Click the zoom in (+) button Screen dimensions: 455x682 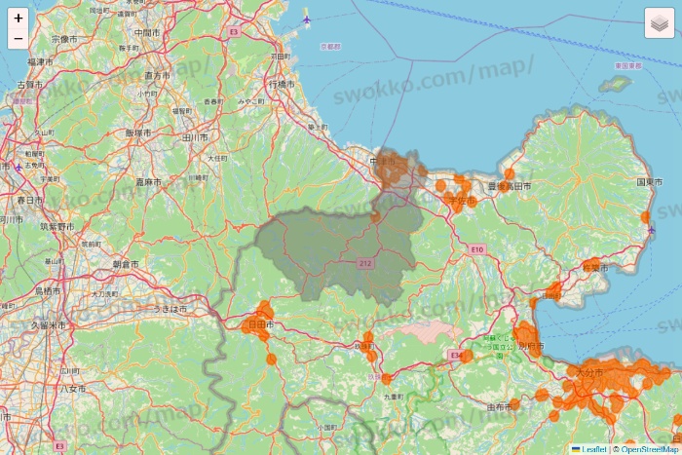click(19, 18)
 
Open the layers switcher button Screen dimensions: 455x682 click(660, 22)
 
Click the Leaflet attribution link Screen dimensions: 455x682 click(593, 448)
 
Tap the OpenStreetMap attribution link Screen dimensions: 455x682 click(648, 448)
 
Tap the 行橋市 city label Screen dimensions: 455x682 click(281, 85)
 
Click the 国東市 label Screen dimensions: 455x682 click(650, 182)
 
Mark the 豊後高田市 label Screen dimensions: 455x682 click(511, 186)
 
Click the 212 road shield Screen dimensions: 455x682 click(366, 263)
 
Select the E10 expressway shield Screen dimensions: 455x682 click(476, 250)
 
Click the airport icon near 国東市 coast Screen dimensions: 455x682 click(651, 230)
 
